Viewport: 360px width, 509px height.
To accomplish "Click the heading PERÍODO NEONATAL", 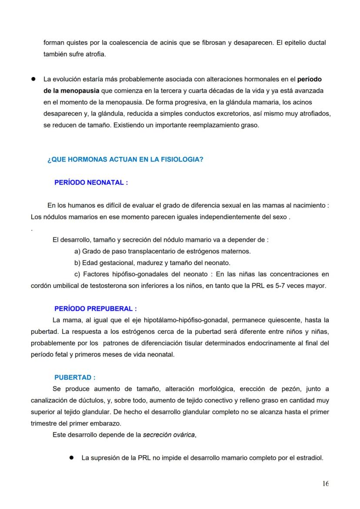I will pos(91,183).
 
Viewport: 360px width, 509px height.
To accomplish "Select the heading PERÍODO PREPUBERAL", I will pos(95,309).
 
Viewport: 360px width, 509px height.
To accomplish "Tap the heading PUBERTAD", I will pos(75,377).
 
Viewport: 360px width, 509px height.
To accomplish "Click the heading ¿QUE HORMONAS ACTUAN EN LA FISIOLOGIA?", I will pos(125,160).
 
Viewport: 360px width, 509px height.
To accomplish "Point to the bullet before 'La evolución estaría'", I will pos(33,80).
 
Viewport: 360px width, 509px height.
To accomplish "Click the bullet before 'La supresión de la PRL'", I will pos(71,458).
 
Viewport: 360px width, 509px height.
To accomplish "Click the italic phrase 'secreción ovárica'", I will pos(169,435).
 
